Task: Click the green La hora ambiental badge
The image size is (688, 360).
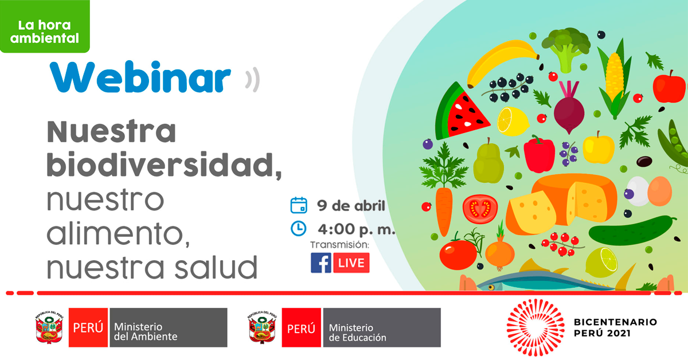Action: tap(45, 26)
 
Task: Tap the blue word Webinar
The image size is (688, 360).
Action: tap(140, 77)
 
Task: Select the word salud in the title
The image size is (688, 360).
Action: tap(216, 267)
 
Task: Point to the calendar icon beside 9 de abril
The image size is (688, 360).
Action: tap(299, 205)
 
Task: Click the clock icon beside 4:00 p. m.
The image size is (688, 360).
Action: tap(299, 229)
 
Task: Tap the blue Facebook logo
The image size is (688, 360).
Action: tap(321, 263)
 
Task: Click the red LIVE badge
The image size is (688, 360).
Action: tap(351, 263)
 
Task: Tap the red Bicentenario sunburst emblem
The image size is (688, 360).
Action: tap(535, 327)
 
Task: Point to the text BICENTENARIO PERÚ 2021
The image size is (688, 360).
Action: tap(615, 327)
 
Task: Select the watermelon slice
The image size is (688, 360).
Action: tap(461, 112)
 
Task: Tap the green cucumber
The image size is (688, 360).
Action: tap(631, 230)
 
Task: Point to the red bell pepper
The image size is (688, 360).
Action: tap(540, 155)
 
